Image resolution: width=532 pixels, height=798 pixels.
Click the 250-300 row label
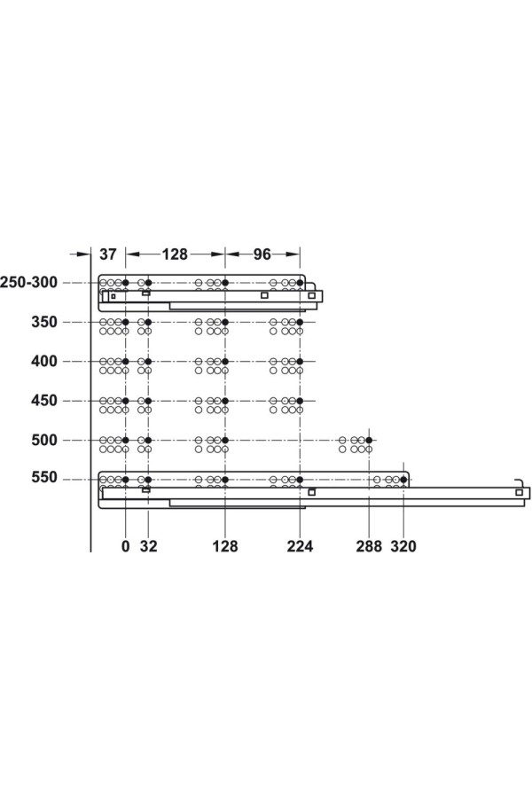tap(28, 282)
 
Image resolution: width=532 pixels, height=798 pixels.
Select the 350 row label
tap(44, 322)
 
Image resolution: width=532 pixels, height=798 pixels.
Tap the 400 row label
tap(44, 362)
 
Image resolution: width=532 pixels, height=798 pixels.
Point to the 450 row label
tap(44, 401)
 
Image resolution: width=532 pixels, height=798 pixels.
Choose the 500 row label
tap(44, 440)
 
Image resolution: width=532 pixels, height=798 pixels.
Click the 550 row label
tap(44, 478)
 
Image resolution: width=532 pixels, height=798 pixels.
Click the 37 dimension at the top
tap(107, 254)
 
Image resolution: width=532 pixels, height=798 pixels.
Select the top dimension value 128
tap(175, 254)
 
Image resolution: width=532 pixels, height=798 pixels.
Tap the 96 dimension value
tap(262, 254)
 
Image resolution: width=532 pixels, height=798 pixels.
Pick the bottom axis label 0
tap(125, 546)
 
